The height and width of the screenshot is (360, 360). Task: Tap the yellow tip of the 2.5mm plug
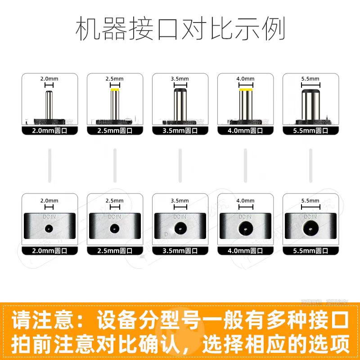[x=115, y=90]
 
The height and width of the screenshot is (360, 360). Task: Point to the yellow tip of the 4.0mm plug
[x=245, y=91]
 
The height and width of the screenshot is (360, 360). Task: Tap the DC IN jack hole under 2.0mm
[x=49, y=228]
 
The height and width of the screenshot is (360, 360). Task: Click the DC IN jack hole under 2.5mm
[x=115, y=228]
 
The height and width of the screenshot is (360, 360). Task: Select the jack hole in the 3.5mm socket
[x=180, y=229]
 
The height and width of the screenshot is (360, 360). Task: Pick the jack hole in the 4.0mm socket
[x=245, y=229]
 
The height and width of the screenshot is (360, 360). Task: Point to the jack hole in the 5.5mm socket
[x=310, y=229]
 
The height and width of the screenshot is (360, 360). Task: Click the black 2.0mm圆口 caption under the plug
[x=49, y=131]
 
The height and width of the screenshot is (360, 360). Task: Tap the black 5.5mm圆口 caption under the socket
[x=310, y=251]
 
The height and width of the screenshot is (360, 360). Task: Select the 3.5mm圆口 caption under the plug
[x=180, y=131]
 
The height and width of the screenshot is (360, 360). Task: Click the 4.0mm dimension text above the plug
[x=245, y=78]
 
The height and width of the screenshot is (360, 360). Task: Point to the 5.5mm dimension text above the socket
[x=310, y=200]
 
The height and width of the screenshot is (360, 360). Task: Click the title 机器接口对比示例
[x=180, y=30]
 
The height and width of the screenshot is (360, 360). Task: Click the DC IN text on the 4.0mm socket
[x=245, y=216]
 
